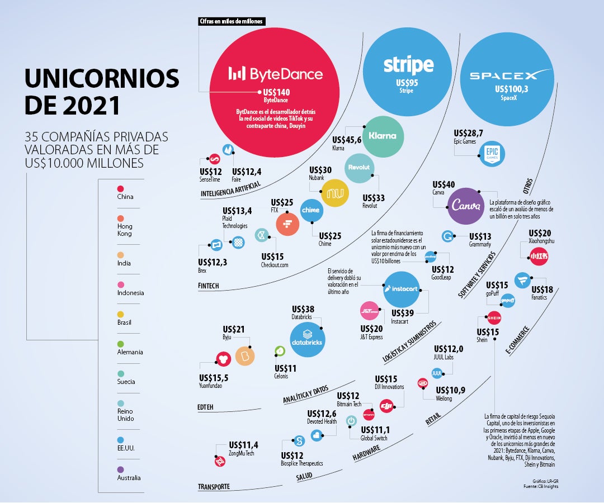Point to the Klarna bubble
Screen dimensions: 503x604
point(383,136)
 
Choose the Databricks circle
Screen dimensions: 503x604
point(307,340)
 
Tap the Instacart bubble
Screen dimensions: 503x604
point(402,289)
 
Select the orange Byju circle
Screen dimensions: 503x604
point(244,355)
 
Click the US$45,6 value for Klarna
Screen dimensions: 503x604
point(347,140)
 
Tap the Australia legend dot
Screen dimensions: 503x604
point(120,469)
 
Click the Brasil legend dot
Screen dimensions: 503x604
point(120,314)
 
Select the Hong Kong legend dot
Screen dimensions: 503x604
point(120,219)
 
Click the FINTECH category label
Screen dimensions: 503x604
point(209,286)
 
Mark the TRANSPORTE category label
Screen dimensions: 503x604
point(214,487)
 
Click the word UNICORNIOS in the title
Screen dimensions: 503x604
point(102,79)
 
